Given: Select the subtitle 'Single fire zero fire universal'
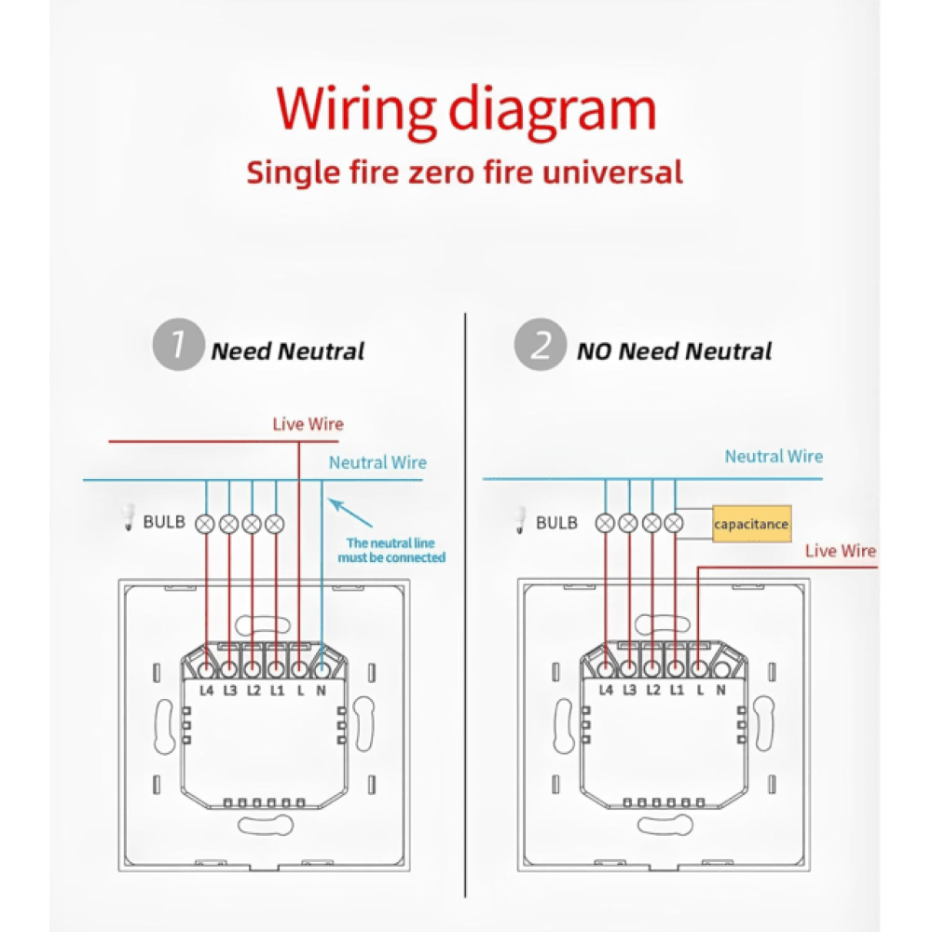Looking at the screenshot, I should coord(464,172).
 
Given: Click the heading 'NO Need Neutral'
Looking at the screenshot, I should coord(674,351).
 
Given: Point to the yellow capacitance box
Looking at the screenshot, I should coord(751,524).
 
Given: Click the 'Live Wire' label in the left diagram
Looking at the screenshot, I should coord(308,424).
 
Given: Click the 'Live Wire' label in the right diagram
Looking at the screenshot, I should coord(841,551).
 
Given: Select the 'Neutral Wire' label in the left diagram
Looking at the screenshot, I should coord(377,462).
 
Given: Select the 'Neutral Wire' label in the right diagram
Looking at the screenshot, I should coord(774,457).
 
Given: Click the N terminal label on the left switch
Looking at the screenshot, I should coord(322,691).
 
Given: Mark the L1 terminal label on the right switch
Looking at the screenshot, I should coord(675,691).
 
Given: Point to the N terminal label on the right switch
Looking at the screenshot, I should coord(720,691).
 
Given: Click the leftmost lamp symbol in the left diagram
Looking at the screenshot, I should coord(206,524).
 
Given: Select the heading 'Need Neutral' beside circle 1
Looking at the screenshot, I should coord(287,351).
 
